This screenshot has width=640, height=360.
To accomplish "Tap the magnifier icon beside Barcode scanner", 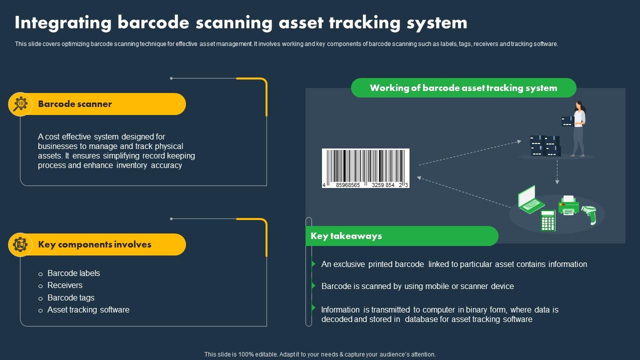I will click(20, 104).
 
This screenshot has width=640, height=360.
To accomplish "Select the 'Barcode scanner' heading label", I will click(75, 104).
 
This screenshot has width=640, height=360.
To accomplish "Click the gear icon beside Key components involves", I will click(20, 244).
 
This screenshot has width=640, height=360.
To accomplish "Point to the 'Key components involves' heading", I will click(94, 244).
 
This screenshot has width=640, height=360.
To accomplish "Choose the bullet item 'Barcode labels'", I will click(73, 273).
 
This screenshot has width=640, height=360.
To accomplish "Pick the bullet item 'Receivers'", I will click(65, 285).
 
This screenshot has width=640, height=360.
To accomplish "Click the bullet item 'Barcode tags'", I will click(71, 297).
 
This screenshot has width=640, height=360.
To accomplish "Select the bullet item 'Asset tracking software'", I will click(88, 309).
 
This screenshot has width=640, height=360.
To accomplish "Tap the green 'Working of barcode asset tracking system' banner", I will click(463, 88).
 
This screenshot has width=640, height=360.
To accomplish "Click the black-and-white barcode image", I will click(365, 168).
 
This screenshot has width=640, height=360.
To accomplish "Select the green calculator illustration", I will click(548, 220).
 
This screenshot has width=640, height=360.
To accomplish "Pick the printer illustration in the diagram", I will click(568, 205).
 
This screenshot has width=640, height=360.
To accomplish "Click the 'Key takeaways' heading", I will click(346, 236).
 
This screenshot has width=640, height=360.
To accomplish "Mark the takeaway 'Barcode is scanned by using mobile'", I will click(417, 286).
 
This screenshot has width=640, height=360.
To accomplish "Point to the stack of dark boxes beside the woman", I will click(545, 145).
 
